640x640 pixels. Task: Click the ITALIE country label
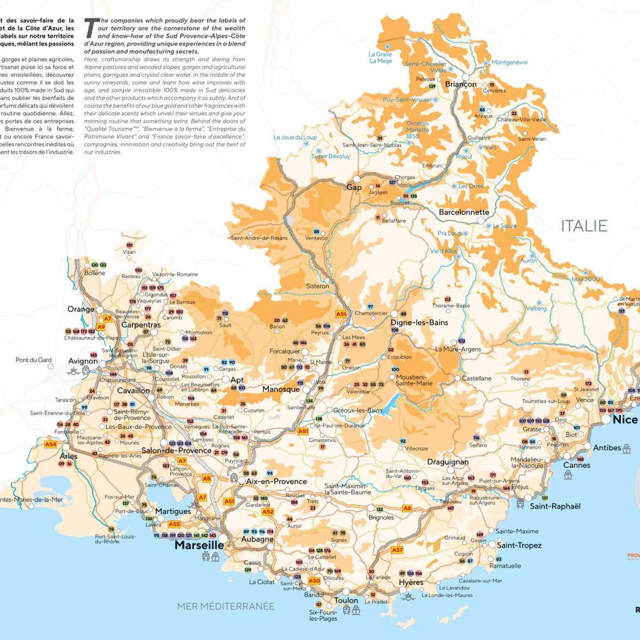tap(583, 226)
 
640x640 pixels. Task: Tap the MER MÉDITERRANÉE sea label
tap(226, 606)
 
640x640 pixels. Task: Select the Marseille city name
tap(199, 545)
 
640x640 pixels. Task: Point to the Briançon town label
tap(460, 84)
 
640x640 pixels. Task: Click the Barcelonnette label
tap(463, 212)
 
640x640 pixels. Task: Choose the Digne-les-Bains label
tap(419, 322)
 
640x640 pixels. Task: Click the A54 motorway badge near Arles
tap(50, 444)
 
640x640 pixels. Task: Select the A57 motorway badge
tap(397, 550)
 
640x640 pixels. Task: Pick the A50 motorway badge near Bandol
tap(314, 581)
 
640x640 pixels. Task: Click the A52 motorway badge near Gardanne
tap(268, 512)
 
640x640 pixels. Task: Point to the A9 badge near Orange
tap(101, 327)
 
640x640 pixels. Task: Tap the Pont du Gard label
tap(34, 360)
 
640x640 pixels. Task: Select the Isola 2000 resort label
tap(586, 279)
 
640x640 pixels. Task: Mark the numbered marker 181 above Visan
tap(129, 245)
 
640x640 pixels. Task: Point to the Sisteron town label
tap(317, 286)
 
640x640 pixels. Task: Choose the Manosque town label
tap(281, 389)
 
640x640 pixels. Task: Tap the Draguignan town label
tap(447, 462)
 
